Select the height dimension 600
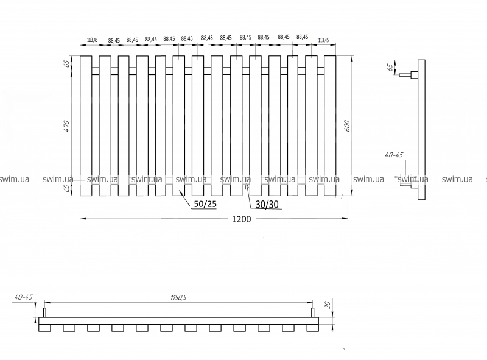pyautogui.click(x=347, y=125)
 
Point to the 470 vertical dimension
pyautogui.click(x=68, y=126)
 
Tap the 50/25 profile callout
pyautogui.click(x=205, y=204)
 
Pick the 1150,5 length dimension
pyautogui.click(x=179, y=297)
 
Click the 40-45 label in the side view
pyautogui.click(x=393, y=155)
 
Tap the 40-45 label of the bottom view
pyautogui.click(x=23, y=297)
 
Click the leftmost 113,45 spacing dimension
pyautogui.click(x=93, y=40)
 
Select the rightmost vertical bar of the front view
pyautogui.click(x=330, y=125)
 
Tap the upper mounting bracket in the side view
pyautogui.click(x=408, y=76)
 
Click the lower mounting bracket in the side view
pyautogui.click(x=408, y=181)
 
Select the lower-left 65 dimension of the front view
pyautogui.click(x=68, y=188)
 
